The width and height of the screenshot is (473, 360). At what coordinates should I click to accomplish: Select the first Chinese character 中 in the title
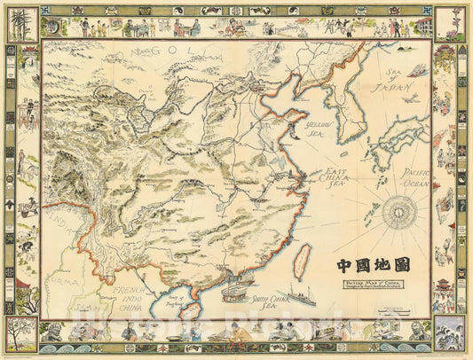coord(344,264)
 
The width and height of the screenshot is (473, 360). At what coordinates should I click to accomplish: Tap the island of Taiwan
coord(303,257)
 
